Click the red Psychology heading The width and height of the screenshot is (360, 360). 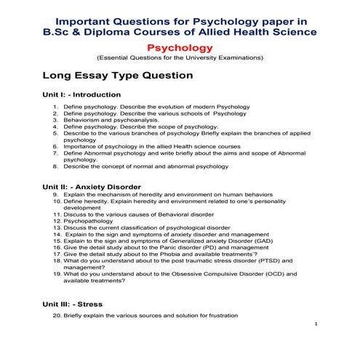tap(180, 47)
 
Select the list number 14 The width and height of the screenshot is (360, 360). tap(57, 234)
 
